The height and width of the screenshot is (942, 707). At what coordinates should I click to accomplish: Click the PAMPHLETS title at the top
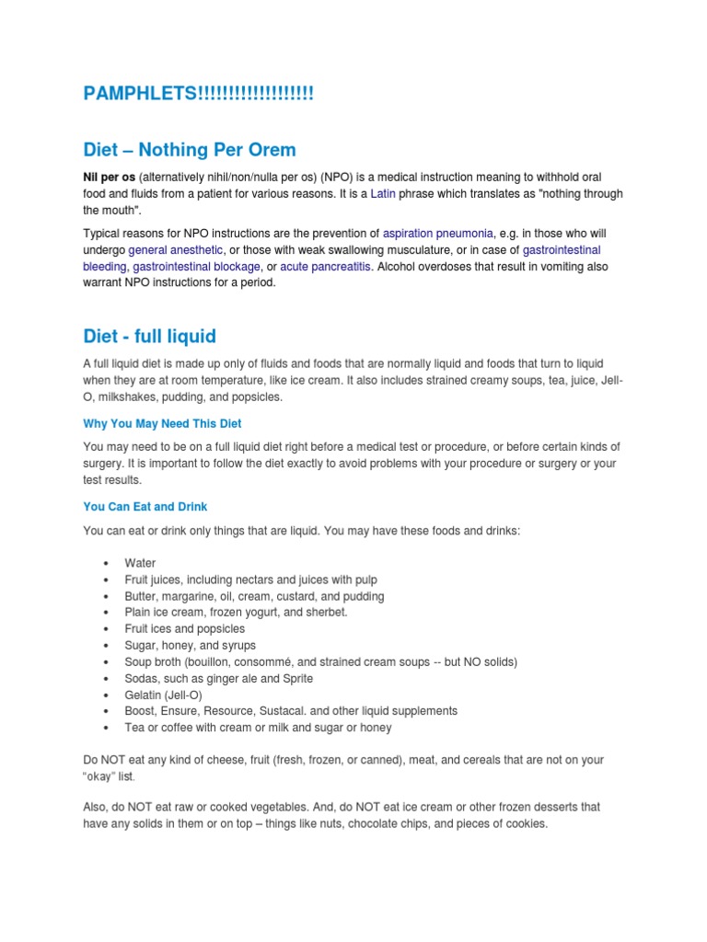click(x=198, y=94)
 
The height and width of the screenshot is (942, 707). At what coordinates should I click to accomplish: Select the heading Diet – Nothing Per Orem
click(x=190, y=149)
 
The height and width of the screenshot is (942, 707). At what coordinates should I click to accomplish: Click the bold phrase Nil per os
click(x=109, y=177)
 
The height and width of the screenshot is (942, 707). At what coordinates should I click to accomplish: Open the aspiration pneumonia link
click(x=438, y=234)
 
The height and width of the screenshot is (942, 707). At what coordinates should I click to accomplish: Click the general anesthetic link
click(x=175, y=250)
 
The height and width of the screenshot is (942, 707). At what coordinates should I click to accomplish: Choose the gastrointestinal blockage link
click(x=196, y=267)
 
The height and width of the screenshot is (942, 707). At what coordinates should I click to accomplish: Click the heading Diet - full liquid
click(x=149, y=336)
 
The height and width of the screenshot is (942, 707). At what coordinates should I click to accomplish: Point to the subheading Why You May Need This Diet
click(x=162, y=423)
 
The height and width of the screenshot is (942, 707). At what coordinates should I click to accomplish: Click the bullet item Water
click(x=140, y=563)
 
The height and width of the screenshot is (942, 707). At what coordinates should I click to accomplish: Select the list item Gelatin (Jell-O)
click(x=163, y=695)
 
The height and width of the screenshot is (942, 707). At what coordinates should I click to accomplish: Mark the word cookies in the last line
click(x=525, y=823)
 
